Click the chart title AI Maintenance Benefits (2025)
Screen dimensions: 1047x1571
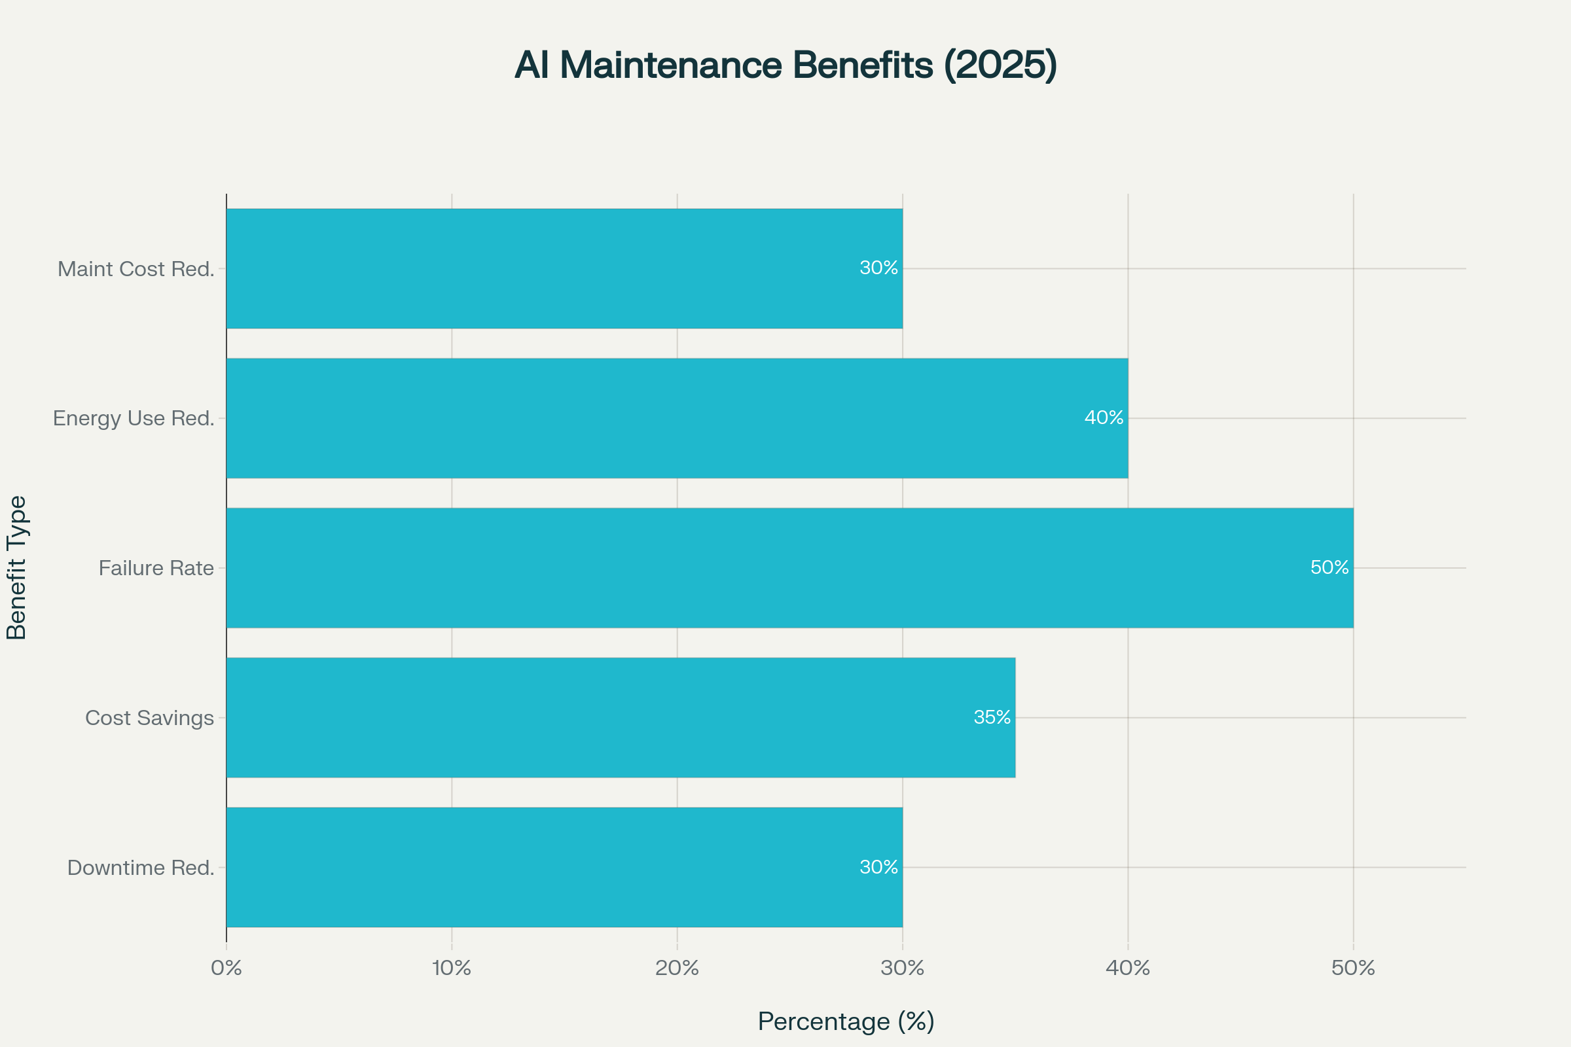click(785, 65)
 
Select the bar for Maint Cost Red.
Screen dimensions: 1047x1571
click(564, 268)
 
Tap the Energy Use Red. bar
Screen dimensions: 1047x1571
click(677, 418)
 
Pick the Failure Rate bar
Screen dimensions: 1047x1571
click(789, 567)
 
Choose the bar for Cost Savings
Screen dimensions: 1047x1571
click(621, 717)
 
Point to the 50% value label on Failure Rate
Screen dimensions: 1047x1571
click(1329, 567)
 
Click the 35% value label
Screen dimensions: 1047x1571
click(992, 717)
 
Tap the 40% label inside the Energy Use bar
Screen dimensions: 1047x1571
click(1104, 418)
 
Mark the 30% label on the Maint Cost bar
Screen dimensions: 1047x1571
click(878, 268)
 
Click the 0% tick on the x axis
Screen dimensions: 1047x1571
click(226, 968)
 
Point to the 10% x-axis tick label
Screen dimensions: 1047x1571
click(452, 968)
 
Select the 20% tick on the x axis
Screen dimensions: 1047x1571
click(677, 968)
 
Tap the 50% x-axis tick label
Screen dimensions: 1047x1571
click(1353, 968)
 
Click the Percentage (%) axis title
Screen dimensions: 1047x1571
click(846, 1021)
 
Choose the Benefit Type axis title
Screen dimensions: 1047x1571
click(16, 567)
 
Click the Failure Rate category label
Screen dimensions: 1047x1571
click(156, 568)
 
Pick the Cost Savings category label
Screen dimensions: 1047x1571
click(150, 718)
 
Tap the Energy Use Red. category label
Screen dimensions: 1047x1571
click(134, 419)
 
